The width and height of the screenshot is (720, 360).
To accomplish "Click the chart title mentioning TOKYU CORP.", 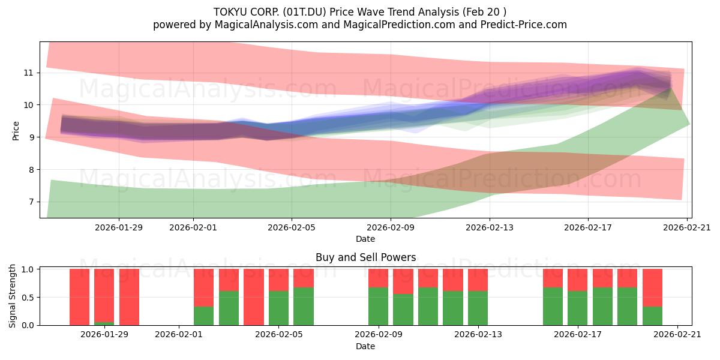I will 360,11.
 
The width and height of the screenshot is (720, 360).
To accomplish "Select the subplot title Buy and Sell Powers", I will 365,257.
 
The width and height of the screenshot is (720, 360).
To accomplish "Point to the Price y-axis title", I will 16,130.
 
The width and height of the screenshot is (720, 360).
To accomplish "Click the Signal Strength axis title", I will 13,296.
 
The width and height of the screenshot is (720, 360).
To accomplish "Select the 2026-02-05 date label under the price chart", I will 292,227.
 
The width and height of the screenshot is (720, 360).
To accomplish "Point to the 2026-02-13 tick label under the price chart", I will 489,227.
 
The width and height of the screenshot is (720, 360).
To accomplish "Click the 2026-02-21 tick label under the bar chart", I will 677,335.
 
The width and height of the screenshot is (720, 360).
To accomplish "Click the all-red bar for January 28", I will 79,297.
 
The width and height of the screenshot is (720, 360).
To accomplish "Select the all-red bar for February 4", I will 254,297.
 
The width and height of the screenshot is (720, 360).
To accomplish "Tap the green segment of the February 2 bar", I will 204,316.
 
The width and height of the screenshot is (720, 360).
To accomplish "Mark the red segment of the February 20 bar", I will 652,288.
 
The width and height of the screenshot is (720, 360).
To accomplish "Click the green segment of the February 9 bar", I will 378,307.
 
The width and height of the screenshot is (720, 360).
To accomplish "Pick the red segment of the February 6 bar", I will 304,278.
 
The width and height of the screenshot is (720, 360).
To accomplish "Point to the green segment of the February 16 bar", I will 553,307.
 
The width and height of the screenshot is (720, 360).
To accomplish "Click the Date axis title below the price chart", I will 365,239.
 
